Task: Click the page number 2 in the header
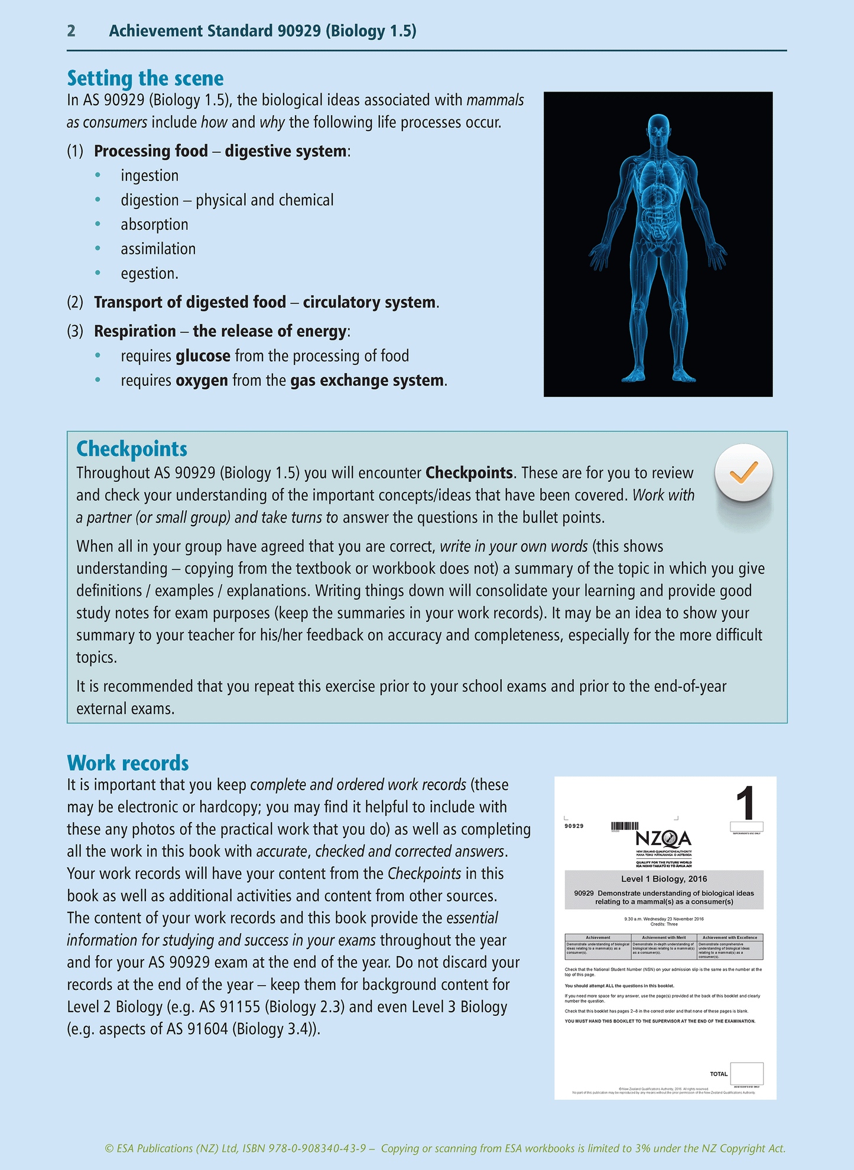point(71,31)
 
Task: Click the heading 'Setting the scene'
point(145,79)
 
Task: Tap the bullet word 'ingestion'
point(150,175)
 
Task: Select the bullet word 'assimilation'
point(158,249)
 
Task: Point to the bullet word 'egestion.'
point(150,273)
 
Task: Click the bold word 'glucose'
point(203,356)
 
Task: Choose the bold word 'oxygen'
point(202,380)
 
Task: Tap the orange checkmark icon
point(743,472)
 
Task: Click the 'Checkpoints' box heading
point(132,449)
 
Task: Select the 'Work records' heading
point(128,763)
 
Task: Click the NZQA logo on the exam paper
point(663,838)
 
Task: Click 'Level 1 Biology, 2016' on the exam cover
point(664,879)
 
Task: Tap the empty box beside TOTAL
point(746,1073)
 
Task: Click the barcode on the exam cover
point(625,826)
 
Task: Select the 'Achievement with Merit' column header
point(664,937)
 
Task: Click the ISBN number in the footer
point(318,1148)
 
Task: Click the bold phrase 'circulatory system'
point(369,302)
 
